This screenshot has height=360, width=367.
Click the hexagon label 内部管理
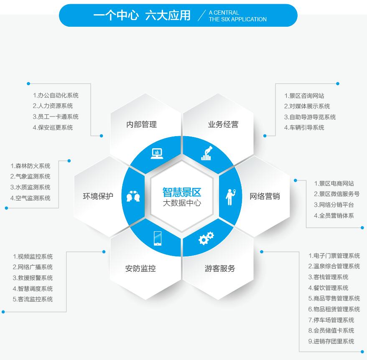(x=141, y=124)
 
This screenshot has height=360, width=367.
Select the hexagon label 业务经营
(x=223, y=124)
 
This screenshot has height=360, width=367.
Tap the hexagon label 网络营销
(x=264, y=196)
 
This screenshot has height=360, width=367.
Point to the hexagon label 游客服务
(x=220, y=269)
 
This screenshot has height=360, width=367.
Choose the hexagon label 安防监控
(x=140, y=269)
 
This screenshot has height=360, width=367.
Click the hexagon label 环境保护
(x=98, y=196)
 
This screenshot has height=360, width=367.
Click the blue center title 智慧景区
(x=182, y=193)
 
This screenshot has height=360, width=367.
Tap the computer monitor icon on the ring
(x=157, y=154)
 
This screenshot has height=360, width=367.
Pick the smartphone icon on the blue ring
(x=158, y=238)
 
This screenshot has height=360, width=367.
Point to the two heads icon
(x=133, y=196)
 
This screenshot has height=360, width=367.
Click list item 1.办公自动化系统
(x=56, y=96)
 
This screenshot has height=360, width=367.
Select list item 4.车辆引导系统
(x=304, y=127)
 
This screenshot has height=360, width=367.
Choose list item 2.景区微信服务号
(x=336, y=194)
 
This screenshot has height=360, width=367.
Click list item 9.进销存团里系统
(x=331, y=341)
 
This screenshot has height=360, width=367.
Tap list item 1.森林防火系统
(x=30, y=166)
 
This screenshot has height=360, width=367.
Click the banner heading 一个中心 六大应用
(x=142, y=16)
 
